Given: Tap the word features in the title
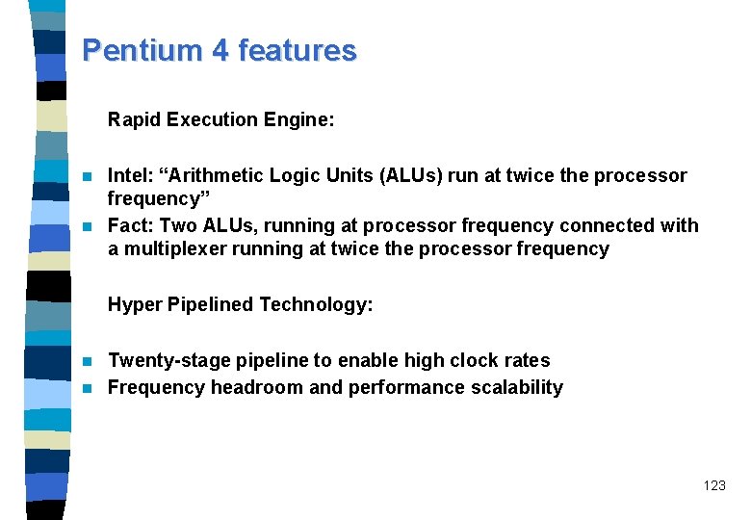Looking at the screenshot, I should (299, 50).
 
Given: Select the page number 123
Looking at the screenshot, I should (714, 486).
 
